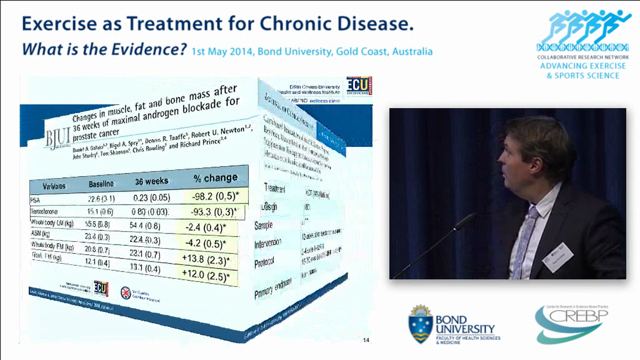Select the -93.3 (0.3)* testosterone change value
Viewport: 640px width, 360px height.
[214, 211]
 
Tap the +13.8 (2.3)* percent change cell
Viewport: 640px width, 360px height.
[207, 260]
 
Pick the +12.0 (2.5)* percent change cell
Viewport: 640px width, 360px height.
[207, 276]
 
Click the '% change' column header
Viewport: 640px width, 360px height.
[215, 177]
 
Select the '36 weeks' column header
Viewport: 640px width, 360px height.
[151, 181]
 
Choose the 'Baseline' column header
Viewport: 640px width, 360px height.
[101, 184]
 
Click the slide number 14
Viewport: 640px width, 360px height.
[366, 340]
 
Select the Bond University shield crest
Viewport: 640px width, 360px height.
[420, 324]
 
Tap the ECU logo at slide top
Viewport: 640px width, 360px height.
[359, 85]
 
